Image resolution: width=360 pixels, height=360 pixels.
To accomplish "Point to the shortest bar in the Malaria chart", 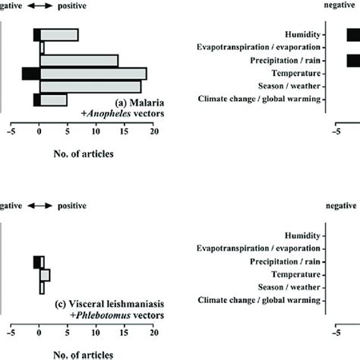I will pyautogui.click(x=42, y=48).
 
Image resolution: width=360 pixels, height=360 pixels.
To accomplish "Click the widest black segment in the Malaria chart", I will pyautogui.click(x=31, y=74).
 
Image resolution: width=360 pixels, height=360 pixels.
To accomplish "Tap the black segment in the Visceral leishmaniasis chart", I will pyautogui.click(x=36, y=262).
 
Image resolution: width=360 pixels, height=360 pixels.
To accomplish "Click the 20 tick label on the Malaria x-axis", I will pyautogui.click(x=154, y=131).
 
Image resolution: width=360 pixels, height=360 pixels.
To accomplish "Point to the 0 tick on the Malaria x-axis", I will pyautogui.click(x=39, y=131).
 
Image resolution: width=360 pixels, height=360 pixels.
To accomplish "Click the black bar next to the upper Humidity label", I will pyautogui.click(x=354, y=35).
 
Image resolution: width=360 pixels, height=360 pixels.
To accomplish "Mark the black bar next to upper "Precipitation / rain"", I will pyautogui.click(x=354, y=61).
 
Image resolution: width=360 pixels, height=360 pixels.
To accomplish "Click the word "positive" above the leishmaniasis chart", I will pyautogui.click(x=72, y=206).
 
